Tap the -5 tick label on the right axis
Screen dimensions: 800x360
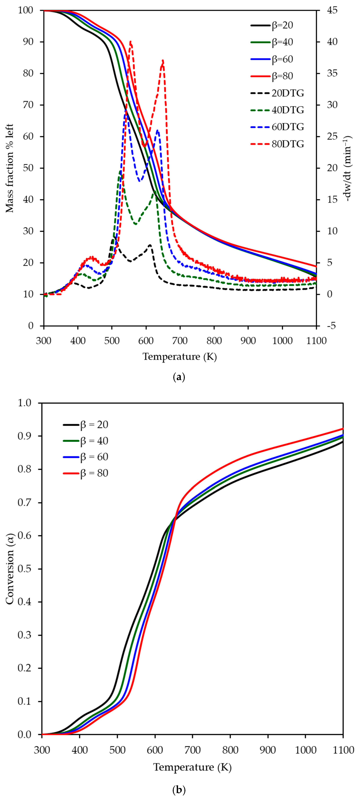coord(331,326)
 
